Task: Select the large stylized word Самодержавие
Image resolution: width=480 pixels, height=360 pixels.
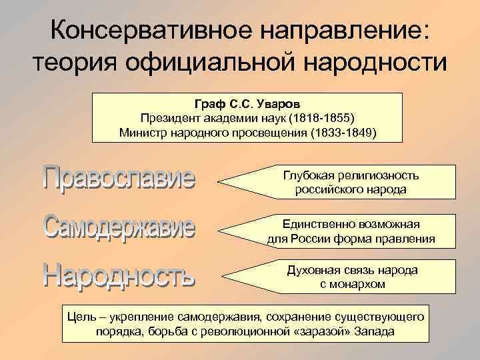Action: (x=120, y=227)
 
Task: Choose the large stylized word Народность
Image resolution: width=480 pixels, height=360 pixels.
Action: (x=120, y=274)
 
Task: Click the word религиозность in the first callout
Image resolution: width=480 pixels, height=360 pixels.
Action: (x=378, y=175)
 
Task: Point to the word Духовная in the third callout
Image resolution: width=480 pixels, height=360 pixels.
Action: (x=309, y=270)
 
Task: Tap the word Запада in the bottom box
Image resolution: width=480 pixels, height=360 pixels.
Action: (x=375, y=331)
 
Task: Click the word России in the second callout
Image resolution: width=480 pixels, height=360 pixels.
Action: (x=311, y=238)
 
